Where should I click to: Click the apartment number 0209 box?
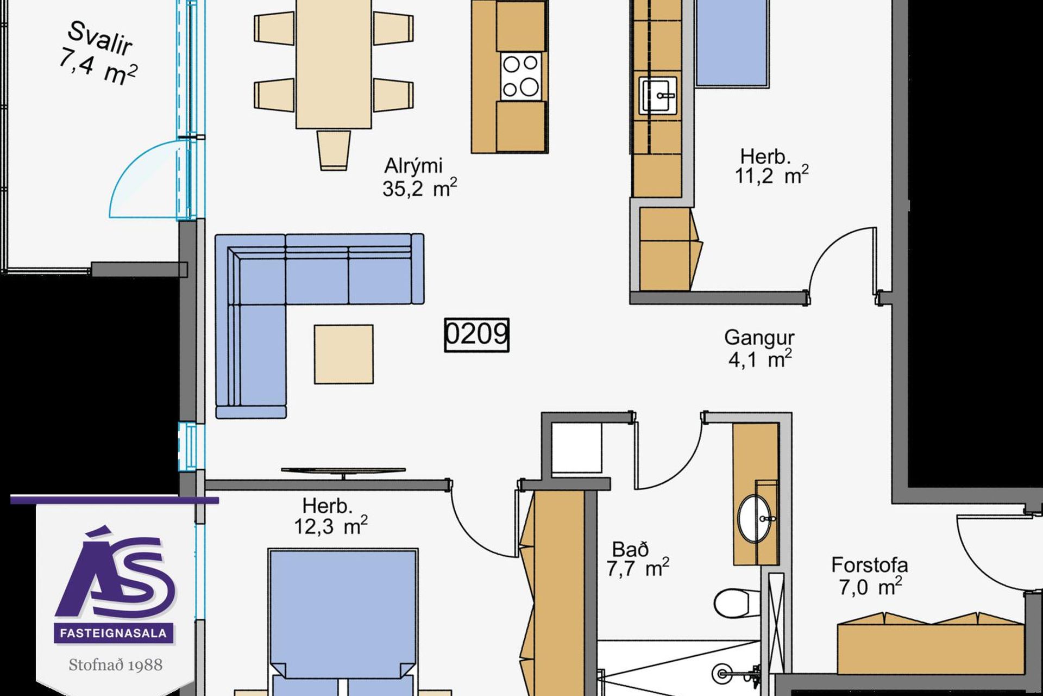(476, 335)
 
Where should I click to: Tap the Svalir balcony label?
(98, 53)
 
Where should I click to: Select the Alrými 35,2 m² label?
(419, 177)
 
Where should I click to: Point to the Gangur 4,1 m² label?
(759, 349)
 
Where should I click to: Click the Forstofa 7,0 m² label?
(869, 576)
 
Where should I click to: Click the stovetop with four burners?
(521, 76)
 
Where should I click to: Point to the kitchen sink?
(658, 96)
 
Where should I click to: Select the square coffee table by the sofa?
(343, 355)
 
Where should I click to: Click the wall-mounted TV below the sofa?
(343, 471)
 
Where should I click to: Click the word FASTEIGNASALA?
(114, 634)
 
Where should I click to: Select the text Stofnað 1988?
(115, 665)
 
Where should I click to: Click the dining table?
(334, 64)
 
